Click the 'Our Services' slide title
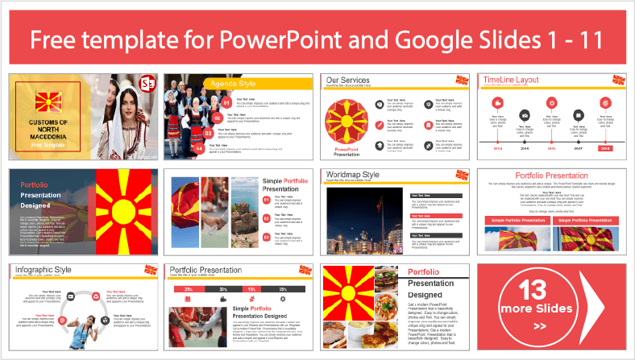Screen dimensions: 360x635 [349, 81]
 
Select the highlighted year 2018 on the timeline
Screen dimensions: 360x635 [604, 148]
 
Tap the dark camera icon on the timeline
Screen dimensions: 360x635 [525, 114]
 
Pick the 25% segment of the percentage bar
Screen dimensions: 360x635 [189, 288]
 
